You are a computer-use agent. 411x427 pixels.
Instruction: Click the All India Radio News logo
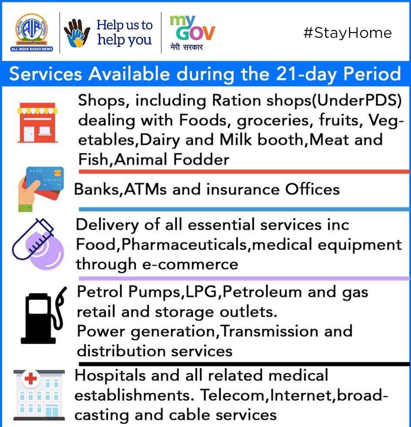pyautogui.click(x=32, y=33)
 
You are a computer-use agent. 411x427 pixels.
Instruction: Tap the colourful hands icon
pyautogui.click(x=77, y=33)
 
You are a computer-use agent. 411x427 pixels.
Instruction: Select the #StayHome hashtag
pyautogui.click(x=347, y=33)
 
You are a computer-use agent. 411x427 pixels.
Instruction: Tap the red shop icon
pyautogui.click(x=37, y=123)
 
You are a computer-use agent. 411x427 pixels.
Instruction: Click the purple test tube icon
pyautogui.click(x=38, y=244)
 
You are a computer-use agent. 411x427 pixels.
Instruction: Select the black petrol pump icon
pyautogui.click(x=44, y=315)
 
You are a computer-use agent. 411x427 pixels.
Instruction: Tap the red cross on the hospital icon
pyautogui.click(x=30, y=378)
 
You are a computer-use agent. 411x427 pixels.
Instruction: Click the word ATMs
pyautogui.click(x=145, y=189)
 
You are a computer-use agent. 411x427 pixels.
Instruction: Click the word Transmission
pyautogui.click(x=269, y=331)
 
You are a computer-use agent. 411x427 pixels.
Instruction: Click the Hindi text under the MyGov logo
pyautogui.click(x=186, y=47)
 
